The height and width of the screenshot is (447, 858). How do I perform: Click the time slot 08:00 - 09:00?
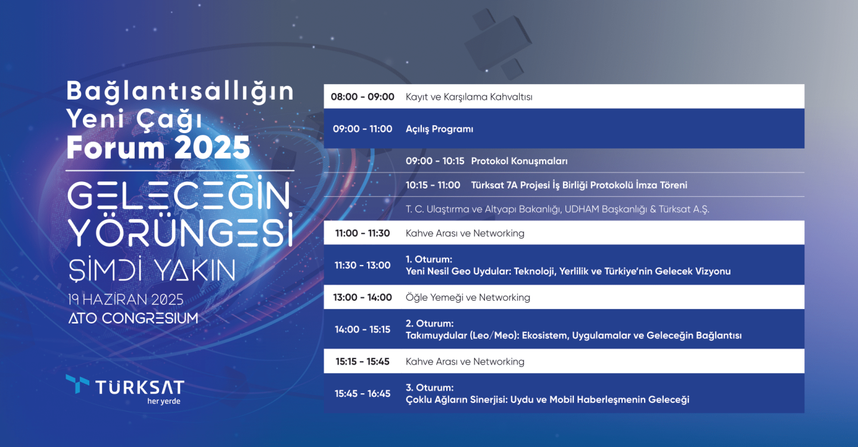pyautogui.click(x=362, y=97)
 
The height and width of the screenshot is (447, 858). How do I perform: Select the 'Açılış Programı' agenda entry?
pyautogui.click(x=439, y=129)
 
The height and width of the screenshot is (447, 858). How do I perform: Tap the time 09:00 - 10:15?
pyautogui.click(x=435, y=161)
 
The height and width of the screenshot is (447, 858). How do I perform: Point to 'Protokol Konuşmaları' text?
pyautogui.click(x=519, y=161)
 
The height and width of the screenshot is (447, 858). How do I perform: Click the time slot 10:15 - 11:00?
pyautogui.click(x=433, y=185)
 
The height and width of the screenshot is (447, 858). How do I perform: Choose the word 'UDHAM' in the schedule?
pyautogui.click(x=582, y=209)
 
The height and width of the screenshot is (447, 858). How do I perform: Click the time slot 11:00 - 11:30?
pyautogui.click(x=362, y=233)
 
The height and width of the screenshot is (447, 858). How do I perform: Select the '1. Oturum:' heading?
pyautogui.click(x=428, y=260)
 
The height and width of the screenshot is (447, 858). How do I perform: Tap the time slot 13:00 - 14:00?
pyautogui.click(x=362, y=297)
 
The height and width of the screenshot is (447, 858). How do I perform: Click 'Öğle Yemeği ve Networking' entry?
pyautogui.click(x=468, y=298)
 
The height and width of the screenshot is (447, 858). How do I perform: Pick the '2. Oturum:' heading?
pyautogui.click(x=430, y=323)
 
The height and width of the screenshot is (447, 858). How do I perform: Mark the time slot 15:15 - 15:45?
pyautogui.click(x=362, y=362)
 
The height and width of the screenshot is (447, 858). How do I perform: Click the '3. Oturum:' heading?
pyautogui.click(x=430, y=387)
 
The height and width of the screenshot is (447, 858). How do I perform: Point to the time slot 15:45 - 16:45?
pyautogui.click(x=362, y=394)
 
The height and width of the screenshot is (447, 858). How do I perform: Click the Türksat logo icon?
pyautogui.click(x=77, y=383)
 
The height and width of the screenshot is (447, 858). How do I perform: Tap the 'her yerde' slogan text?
pyautogui.click(x=163, y=401)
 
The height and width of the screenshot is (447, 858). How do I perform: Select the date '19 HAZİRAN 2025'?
pyautogui.click(x=126, y=300)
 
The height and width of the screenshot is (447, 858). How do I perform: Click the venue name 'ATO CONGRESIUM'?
pyautogui.click(x=133, y=319)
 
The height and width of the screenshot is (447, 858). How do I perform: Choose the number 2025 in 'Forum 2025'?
pyautogui.click(x=212, y=148)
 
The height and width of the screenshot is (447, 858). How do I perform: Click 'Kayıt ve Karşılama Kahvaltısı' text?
pyautogui.click(x=469, y=97)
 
